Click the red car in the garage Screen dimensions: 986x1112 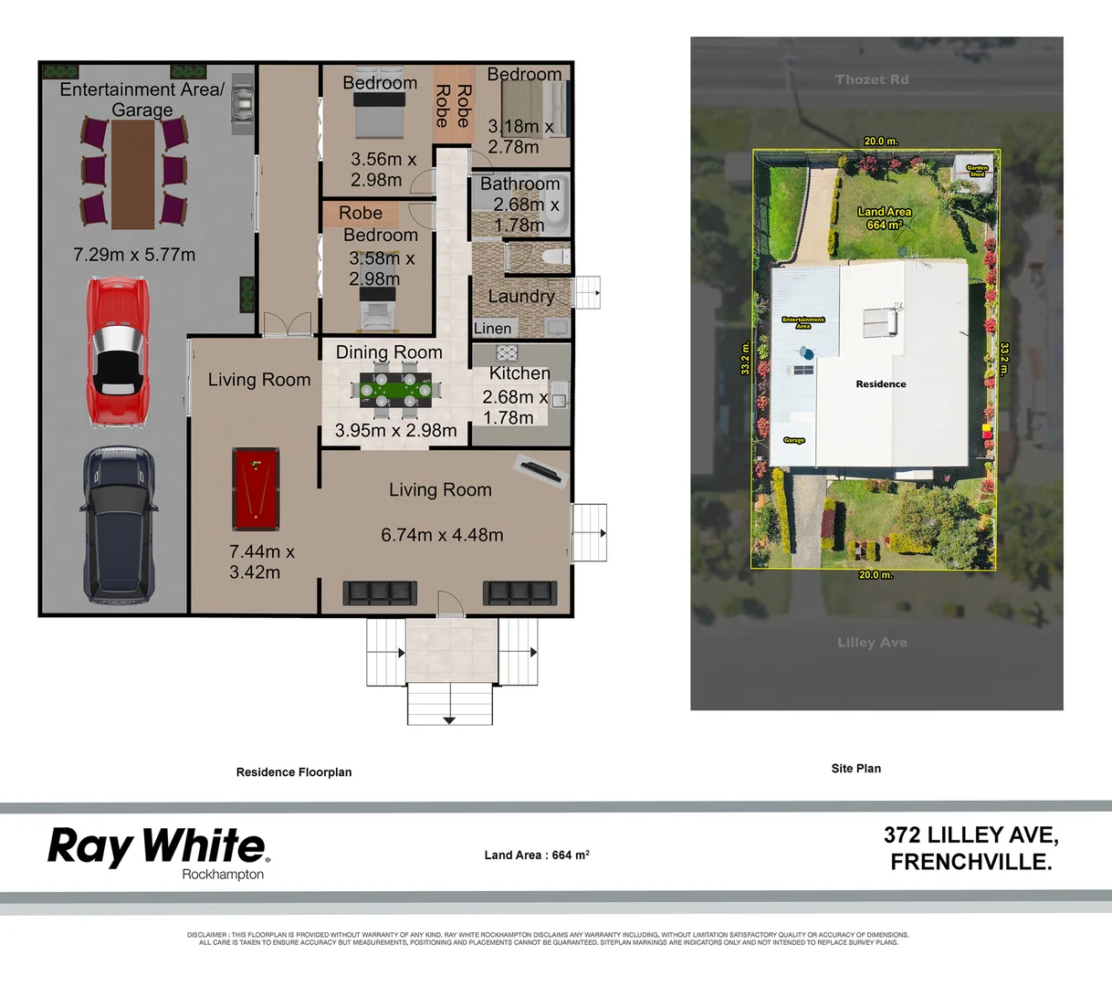[x=117, y=351]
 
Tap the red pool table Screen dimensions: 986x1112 [x=255, y=488]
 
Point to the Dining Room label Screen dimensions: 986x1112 [x=389, y=352]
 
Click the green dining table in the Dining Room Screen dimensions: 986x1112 [x=396, y=391]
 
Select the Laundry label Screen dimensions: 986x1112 [x=520, y=296]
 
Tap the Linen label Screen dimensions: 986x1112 [x=493, y=329]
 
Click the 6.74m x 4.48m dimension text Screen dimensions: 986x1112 [x=442, y=535]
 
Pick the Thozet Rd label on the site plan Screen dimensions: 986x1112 [x=872, y=79]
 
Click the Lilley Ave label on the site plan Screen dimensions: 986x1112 [x=872, y=643]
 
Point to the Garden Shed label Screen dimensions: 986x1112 [x=977, y=171]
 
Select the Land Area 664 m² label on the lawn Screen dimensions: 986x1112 [x=884, y=218]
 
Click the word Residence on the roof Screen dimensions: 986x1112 [x=881, y=384]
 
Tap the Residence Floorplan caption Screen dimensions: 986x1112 [x=294, y=772]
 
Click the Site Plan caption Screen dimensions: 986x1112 [x=856, y=769]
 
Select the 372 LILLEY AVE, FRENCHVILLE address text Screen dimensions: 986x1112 [x=971, y=848]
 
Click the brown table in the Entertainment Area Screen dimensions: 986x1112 [x=133, y=173]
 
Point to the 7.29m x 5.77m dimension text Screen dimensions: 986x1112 [x=134, y=255]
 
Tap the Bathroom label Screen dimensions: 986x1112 [x=519, y=184]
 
